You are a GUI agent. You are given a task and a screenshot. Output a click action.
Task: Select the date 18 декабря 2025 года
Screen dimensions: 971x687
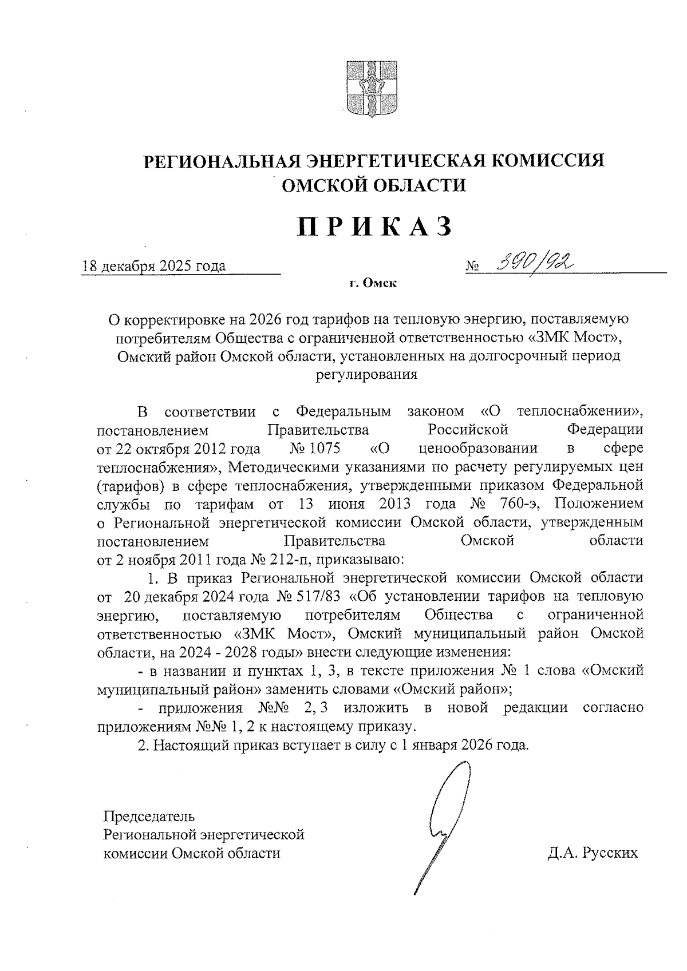[155, 266]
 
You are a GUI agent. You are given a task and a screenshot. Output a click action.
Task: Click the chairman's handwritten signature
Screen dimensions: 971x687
[447, 825]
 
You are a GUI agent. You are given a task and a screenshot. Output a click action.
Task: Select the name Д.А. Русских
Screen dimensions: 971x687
[592, 853]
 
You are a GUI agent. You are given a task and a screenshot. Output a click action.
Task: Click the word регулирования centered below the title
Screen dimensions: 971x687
[366, 375]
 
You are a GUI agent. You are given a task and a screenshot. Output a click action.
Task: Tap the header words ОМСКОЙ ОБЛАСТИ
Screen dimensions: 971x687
[375, 185]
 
